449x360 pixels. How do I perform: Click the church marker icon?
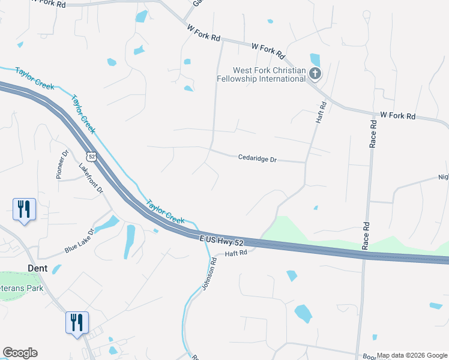click(315, 74)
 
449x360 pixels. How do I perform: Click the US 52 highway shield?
click(91, 156)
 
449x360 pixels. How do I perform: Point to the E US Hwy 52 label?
click(223, 239)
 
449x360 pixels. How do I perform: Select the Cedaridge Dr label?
click(257, 159)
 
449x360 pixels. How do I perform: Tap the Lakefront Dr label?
click(92, 178)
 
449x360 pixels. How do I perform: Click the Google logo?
click(20, 353)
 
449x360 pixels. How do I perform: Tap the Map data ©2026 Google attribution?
click(412, 355)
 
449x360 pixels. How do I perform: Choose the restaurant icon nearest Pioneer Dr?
click(25, 209)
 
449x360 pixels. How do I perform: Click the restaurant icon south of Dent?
click(77, 323)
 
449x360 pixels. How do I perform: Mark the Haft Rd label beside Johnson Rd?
click(236, 254)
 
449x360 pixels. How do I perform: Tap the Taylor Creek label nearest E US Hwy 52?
click(166, 211)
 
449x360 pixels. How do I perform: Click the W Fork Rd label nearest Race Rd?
click(398, 115)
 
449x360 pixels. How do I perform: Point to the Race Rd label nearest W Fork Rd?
click(373, 134)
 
